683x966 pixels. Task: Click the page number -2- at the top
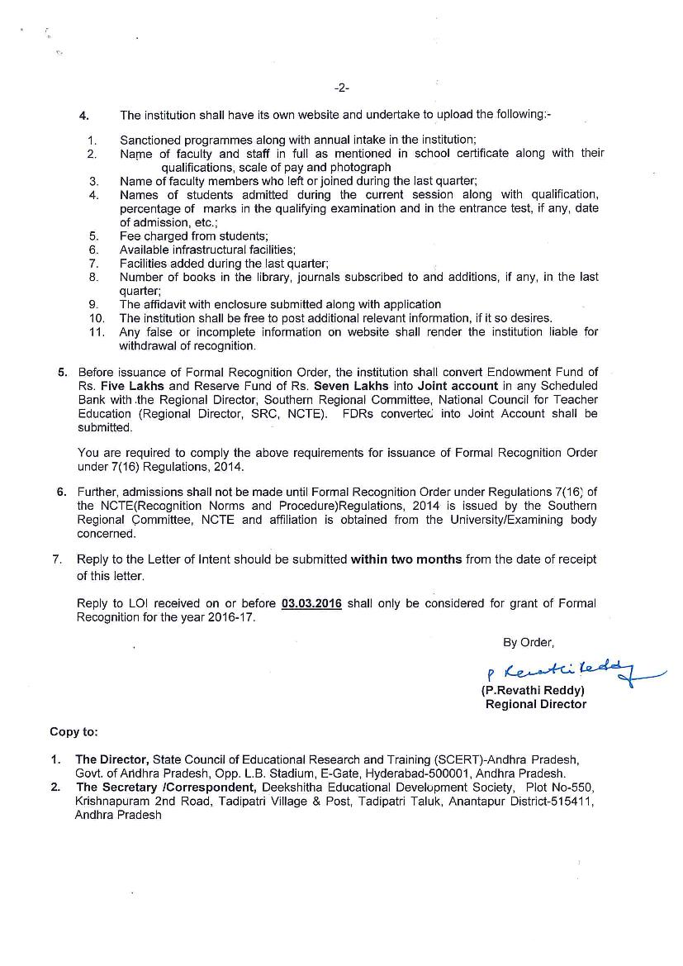coord(341,88)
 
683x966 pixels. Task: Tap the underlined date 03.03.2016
coord(311,603)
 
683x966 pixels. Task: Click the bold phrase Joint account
coord(458,386)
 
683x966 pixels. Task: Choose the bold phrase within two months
coord(406,559)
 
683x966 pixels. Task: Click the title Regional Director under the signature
coord(535,704)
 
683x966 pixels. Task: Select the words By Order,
coord(529,642)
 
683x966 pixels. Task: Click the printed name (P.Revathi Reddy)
coord(533,690)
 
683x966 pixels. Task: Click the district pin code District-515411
coord(552,802)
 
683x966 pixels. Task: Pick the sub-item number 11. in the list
coord(97,331)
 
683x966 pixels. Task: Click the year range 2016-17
coord(231,617)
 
